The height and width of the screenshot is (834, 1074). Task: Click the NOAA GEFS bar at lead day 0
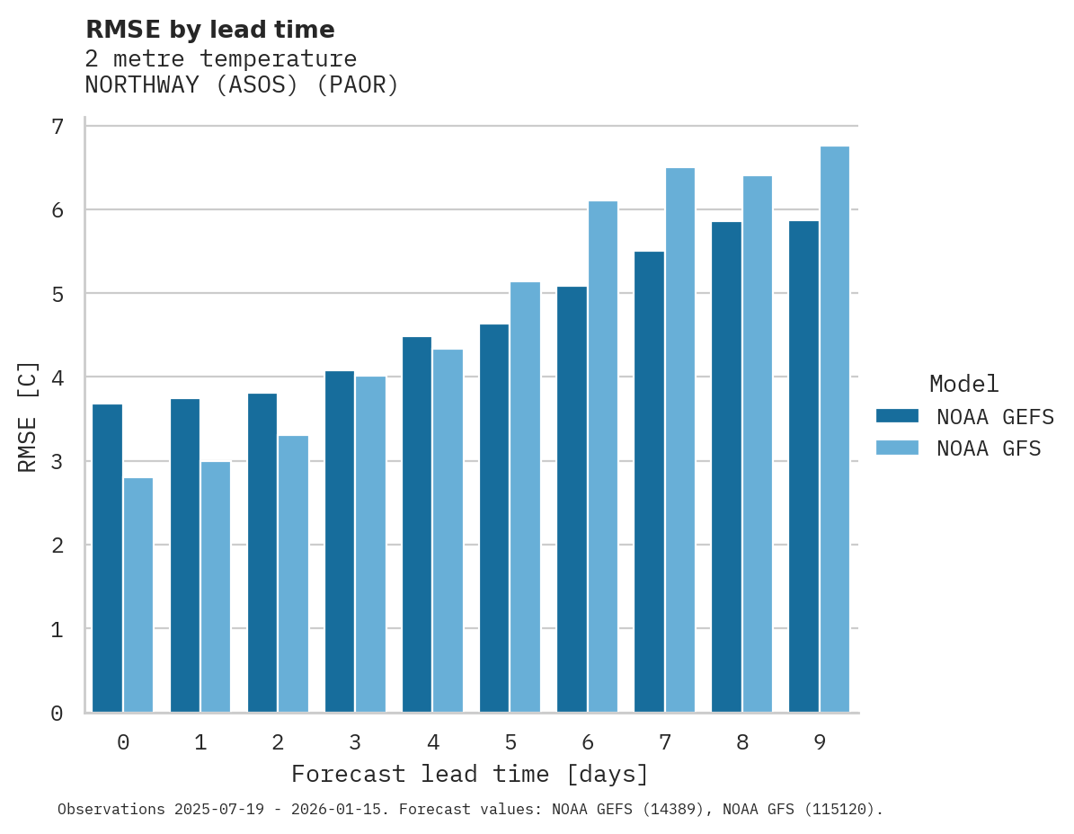click(107, 558)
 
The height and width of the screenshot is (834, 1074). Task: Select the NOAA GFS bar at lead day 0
click(138, 595)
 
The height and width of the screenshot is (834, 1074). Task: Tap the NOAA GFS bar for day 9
click(835, 429)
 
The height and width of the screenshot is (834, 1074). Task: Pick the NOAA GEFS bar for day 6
click(572, 499)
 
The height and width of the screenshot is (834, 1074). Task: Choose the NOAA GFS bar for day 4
click(448, 530)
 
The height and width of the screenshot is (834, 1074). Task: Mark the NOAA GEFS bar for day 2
click(262, 553)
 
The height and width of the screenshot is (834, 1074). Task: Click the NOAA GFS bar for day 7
click(680, 439)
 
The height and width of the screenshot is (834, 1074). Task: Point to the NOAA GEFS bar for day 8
click(726, 466)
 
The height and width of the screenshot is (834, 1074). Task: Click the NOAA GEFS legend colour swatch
click(897, 416)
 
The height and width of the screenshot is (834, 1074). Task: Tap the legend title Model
click(963, 384)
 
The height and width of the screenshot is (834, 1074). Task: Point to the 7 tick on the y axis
click(58, 127)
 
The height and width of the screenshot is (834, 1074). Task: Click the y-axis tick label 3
click(58, 462)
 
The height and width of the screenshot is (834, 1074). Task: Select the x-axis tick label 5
click(510, 742)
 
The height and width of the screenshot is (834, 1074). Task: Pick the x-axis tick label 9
click(820, 742)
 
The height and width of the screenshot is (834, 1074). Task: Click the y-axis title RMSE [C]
click(28, 416)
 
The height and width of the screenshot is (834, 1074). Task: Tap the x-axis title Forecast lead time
click(469, 774)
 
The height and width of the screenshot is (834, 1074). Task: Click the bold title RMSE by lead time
click(209, 30)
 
